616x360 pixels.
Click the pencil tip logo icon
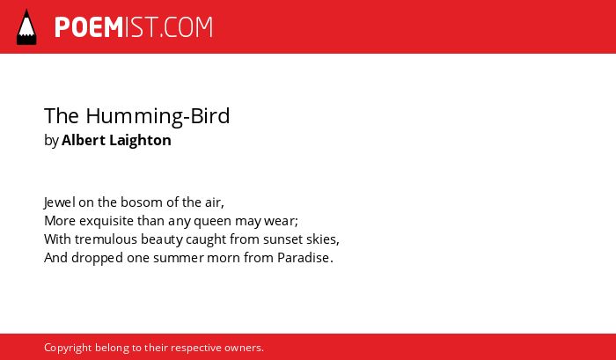(26, 27)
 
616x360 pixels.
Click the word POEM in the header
(89, 27)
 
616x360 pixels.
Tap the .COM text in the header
(186, 27)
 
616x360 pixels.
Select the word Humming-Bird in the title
(158, 116)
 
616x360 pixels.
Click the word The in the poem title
(62, 115)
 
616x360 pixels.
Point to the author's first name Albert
(84, 140)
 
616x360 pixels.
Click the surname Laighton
(140, 141)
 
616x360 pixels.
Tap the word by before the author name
(51, 141)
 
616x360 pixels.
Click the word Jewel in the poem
(59, 202)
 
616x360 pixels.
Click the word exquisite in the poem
(106, 221)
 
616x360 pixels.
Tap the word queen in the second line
(213, 222)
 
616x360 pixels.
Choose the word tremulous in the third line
(106, 239)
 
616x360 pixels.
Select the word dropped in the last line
(97, 259)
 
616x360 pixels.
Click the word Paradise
(304, 258)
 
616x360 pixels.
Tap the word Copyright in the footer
(68, 349)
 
